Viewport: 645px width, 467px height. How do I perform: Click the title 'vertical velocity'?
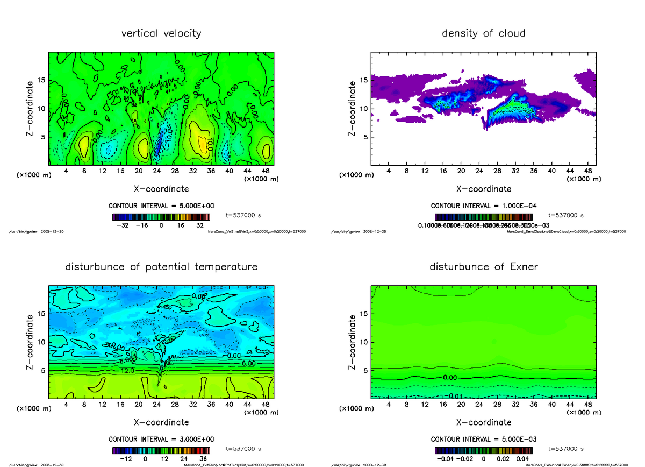[x=161, y=33]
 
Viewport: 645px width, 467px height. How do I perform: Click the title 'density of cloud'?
[x=483, y=33]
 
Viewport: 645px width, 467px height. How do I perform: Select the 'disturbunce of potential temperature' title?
[x=161, y=267]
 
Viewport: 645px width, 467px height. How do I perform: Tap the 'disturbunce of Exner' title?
[x=483, y=267]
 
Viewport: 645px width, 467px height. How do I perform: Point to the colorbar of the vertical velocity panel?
[x=161, y=217]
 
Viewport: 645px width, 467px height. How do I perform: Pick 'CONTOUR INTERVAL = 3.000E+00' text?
[x=161, y=439]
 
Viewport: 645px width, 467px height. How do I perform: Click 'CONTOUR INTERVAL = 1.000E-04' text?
[x=483, y=206]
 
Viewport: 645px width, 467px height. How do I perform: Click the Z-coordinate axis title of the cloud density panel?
[x=352, y=109]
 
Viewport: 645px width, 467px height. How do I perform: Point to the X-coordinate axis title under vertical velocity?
[x=161, y=189]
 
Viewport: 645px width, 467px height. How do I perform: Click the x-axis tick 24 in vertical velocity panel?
[x=156, y=171]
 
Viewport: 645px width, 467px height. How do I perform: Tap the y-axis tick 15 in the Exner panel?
[x=364, y=314]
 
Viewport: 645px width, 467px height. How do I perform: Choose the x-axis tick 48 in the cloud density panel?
[x=587, y=171]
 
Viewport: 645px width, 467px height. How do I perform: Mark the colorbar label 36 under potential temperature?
[x=205, y=459]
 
